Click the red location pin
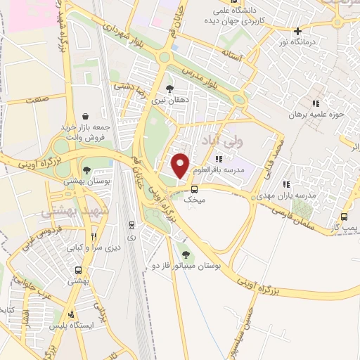[x=181, y=165]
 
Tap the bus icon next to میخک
[x=195, y=188]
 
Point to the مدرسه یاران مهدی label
[x=293, y=195]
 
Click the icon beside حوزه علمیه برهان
[x=316, y=105]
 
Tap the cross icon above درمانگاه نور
[x=299, y=31]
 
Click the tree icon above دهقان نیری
[x=169, y=89]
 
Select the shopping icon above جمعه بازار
[x=85, y=116]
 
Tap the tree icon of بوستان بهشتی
[x=86, y=169]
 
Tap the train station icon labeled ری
[x=131, y=225]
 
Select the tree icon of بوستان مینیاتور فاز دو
[x=186, y=255]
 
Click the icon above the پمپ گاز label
[x=344, y=217]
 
